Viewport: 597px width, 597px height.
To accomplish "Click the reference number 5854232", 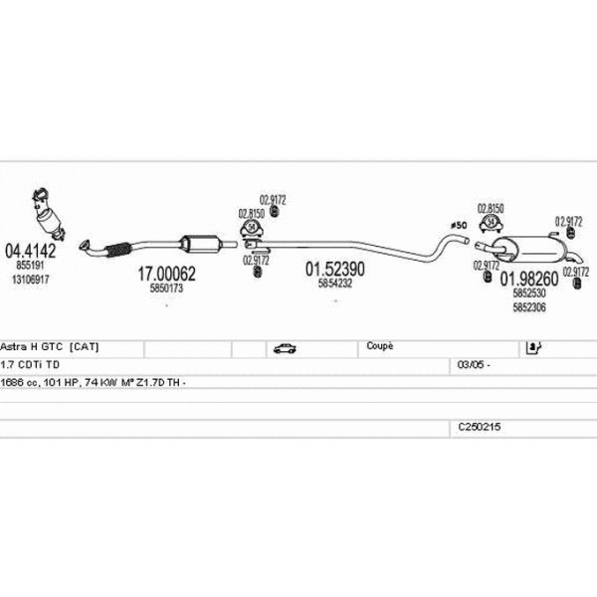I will tap(335, 284).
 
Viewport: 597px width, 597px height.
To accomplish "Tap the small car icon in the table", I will tap(282, 348).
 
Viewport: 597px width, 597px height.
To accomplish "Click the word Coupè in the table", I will tap(380, 346).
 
